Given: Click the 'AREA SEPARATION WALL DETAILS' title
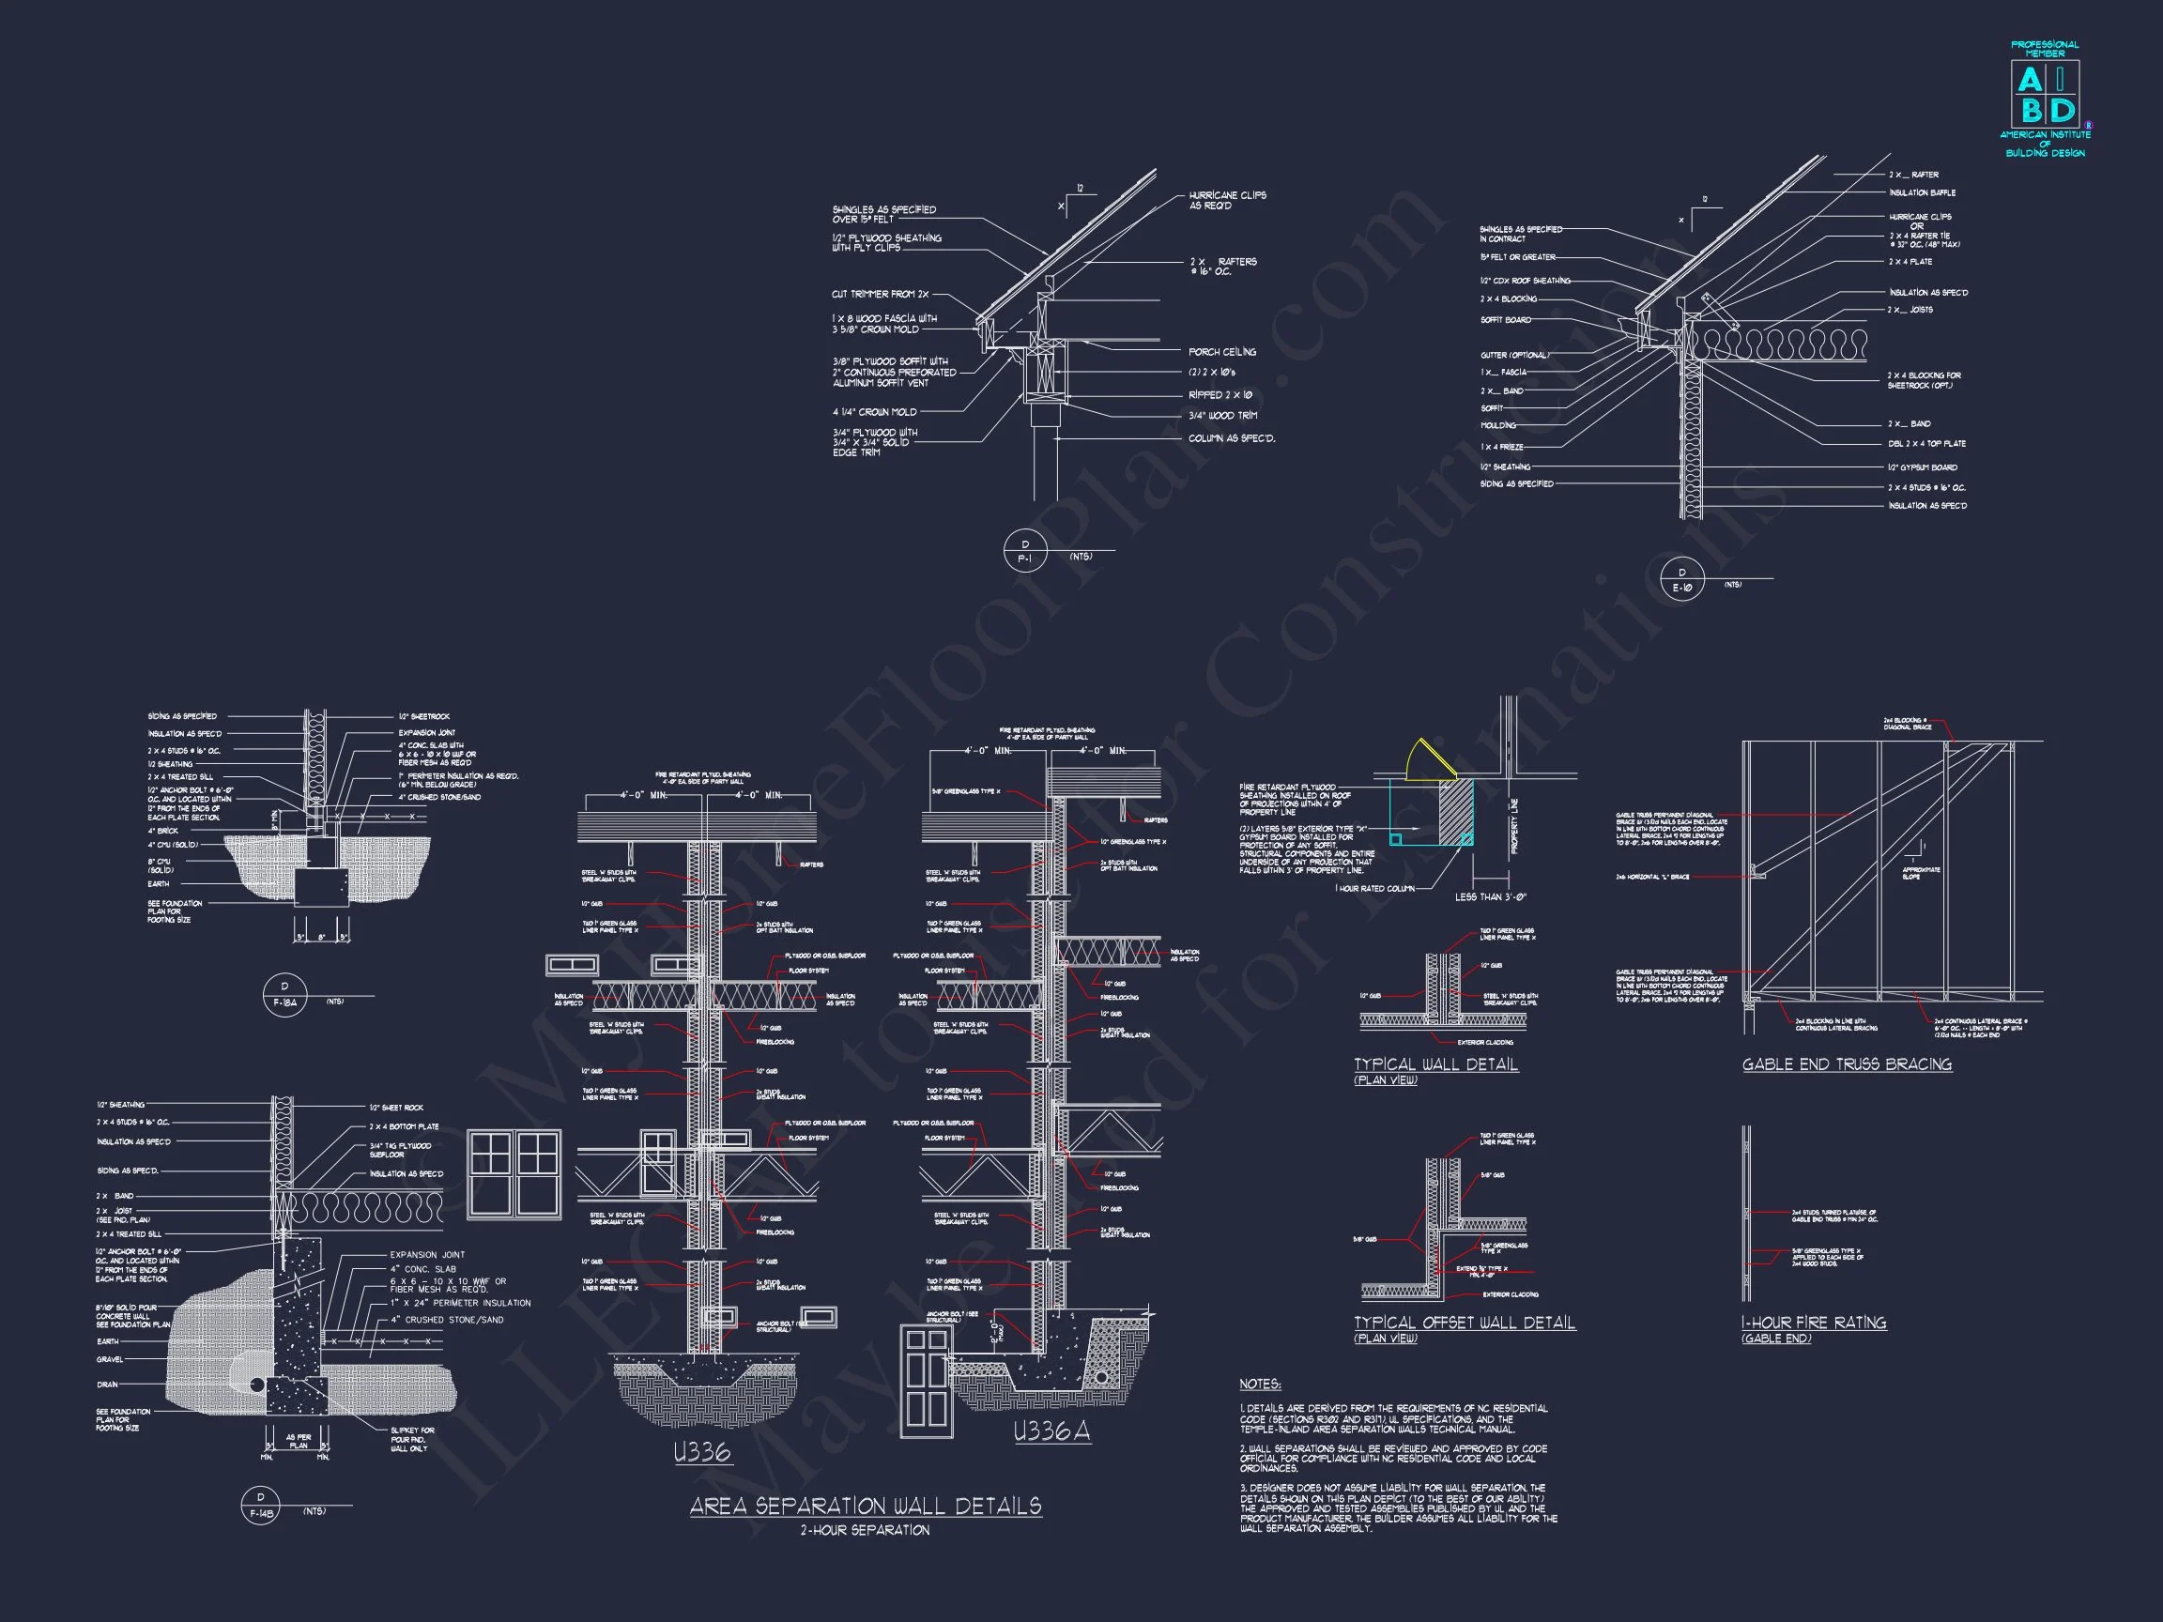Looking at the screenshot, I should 866,1506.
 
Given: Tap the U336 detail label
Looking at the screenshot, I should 702,1452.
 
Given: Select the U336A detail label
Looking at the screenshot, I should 1051,1432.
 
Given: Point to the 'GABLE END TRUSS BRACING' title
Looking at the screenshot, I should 1847,1064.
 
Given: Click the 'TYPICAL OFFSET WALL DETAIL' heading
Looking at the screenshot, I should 1464,1323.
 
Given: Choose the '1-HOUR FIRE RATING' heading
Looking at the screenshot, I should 1813,1323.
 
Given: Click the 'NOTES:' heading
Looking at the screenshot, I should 1260,1385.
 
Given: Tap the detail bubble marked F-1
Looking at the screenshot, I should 1025,552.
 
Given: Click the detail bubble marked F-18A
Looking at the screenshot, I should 284,994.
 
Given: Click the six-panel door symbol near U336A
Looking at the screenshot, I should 926,1382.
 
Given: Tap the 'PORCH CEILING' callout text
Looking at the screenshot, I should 1222,352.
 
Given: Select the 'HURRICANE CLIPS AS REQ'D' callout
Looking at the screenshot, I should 1227,201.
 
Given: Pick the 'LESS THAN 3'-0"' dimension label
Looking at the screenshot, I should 1490,896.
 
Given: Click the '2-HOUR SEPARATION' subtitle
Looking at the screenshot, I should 865,1530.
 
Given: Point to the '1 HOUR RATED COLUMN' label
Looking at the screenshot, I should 1373,889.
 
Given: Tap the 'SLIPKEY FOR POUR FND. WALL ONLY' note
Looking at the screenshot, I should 413,1439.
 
